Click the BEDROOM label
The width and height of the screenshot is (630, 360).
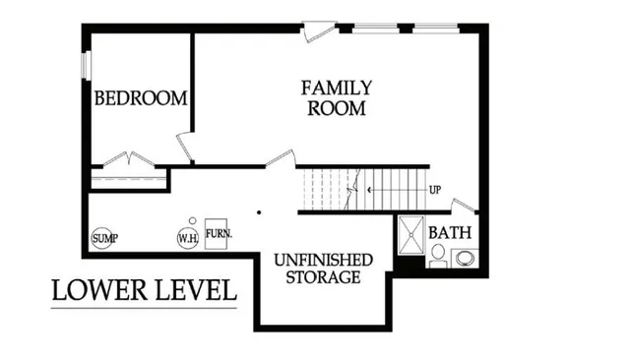(141, 98)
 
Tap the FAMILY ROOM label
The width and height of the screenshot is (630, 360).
(337, 97)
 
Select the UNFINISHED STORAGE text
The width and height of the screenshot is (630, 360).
(323, 269)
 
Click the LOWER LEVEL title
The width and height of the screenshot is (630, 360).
(144, 291)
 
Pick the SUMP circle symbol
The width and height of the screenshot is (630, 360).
(102, 238)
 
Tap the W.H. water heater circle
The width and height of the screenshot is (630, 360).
(187, 238)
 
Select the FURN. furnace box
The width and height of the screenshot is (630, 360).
(218, 236)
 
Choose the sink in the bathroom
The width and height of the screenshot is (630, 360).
(462, 258)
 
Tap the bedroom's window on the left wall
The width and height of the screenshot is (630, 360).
(86, 64)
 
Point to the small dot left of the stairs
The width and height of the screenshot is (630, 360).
(259, 211)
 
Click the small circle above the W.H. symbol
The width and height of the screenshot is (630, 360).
(193, 220)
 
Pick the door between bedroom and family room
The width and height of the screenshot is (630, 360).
(184, 149)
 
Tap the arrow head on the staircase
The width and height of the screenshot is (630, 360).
(369, 188)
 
